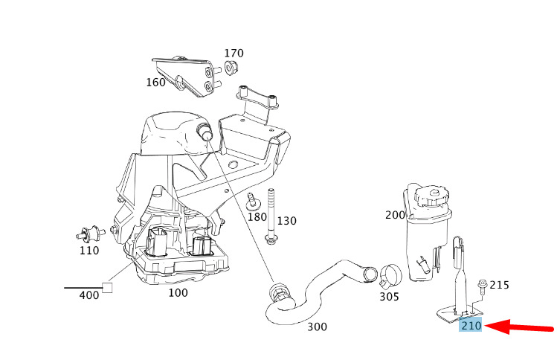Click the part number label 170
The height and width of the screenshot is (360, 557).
234,54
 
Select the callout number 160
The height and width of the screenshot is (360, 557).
155,82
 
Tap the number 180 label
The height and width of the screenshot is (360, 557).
257,216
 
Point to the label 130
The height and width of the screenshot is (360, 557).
286,221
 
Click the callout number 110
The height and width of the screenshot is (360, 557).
88,251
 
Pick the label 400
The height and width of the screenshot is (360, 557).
88,295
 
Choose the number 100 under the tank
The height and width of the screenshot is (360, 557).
178,292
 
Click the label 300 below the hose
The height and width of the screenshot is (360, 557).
317,327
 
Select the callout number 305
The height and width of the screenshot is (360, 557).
388,297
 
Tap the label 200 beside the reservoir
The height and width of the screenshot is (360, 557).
396,215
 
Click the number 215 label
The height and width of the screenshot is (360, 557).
499,285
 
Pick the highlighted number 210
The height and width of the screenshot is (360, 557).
471,326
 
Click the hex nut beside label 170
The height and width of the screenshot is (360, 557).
230,69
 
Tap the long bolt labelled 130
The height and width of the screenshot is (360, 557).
271,216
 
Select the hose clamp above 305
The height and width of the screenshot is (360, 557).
387,276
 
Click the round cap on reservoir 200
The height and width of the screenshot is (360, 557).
431,196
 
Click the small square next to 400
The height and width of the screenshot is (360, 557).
107,288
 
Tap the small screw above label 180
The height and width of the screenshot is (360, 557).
252,199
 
